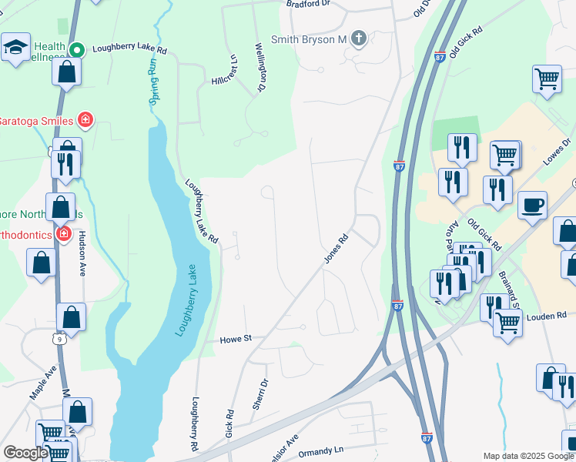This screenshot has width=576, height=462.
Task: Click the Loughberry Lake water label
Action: click(x=183, y=300)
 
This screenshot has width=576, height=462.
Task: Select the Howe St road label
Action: click(x=236, y=339)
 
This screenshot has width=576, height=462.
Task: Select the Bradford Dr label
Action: click(x=308, y=4)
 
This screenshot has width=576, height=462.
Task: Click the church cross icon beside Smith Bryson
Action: click(x=358, y=38)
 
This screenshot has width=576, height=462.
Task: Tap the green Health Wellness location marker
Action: click(x=77, y=50)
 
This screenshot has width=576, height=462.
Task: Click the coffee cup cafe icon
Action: click(x=532, y=206)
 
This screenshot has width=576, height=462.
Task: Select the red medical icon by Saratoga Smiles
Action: click(x=85, y=120)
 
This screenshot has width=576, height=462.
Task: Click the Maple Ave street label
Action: click(x=45, y=383)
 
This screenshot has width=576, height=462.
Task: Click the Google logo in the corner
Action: click(x=25, y=452)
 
